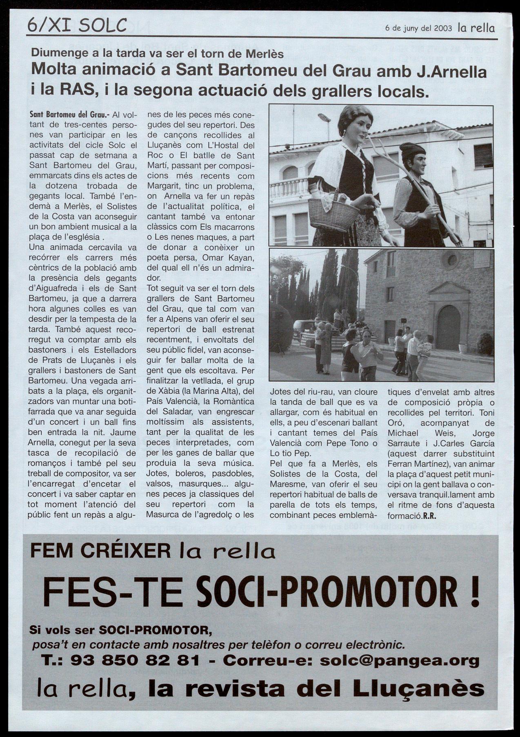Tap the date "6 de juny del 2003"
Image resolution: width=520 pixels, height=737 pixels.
click(x=418, y=28)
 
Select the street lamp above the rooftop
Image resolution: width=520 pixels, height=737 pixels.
click(x=324, y=118)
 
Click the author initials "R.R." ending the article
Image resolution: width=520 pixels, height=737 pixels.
click(x=430, y=515)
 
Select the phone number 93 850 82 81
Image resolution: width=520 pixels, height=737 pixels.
click(x=135, y=660)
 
